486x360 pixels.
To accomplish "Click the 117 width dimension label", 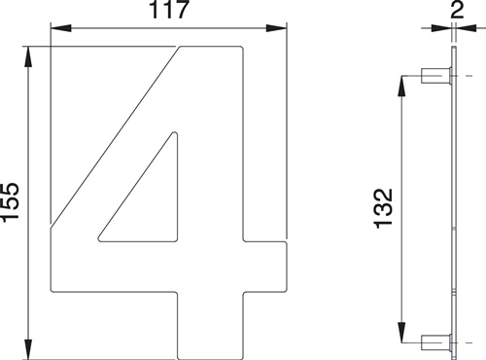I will pos(169,14).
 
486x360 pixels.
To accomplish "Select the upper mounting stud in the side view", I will pos(434,76).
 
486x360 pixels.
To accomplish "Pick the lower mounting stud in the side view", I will pos(434,342).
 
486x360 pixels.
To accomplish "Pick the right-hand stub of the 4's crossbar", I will pos(267,263).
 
